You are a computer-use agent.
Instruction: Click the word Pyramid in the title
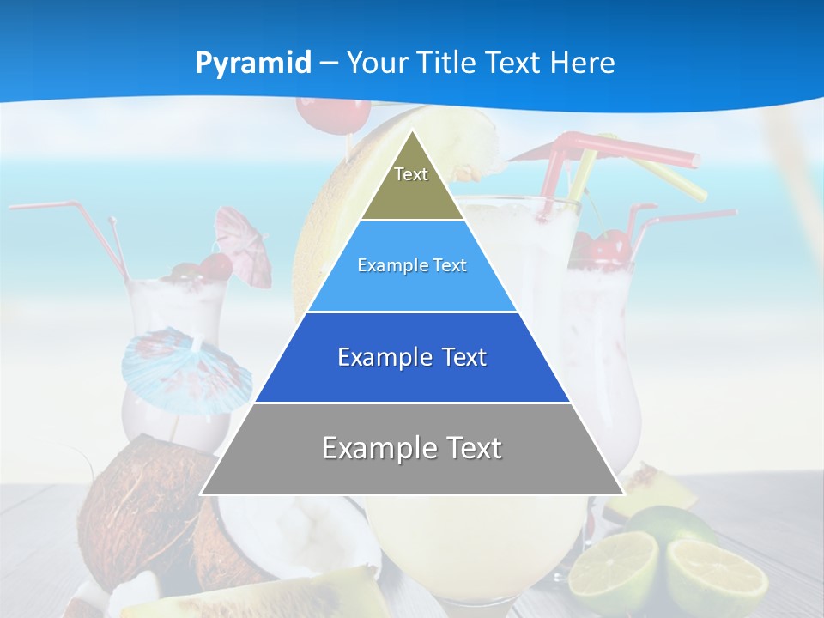[x=253, y=64]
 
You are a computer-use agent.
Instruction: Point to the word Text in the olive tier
[x=411, y=174]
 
